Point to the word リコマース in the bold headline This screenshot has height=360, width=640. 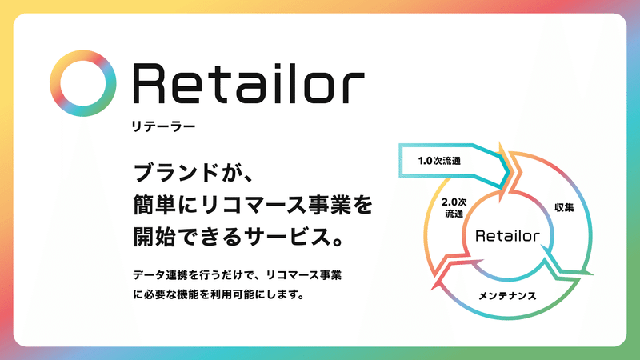tap(265, 206)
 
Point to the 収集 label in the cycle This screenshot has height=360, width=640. tap(563, 207)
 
